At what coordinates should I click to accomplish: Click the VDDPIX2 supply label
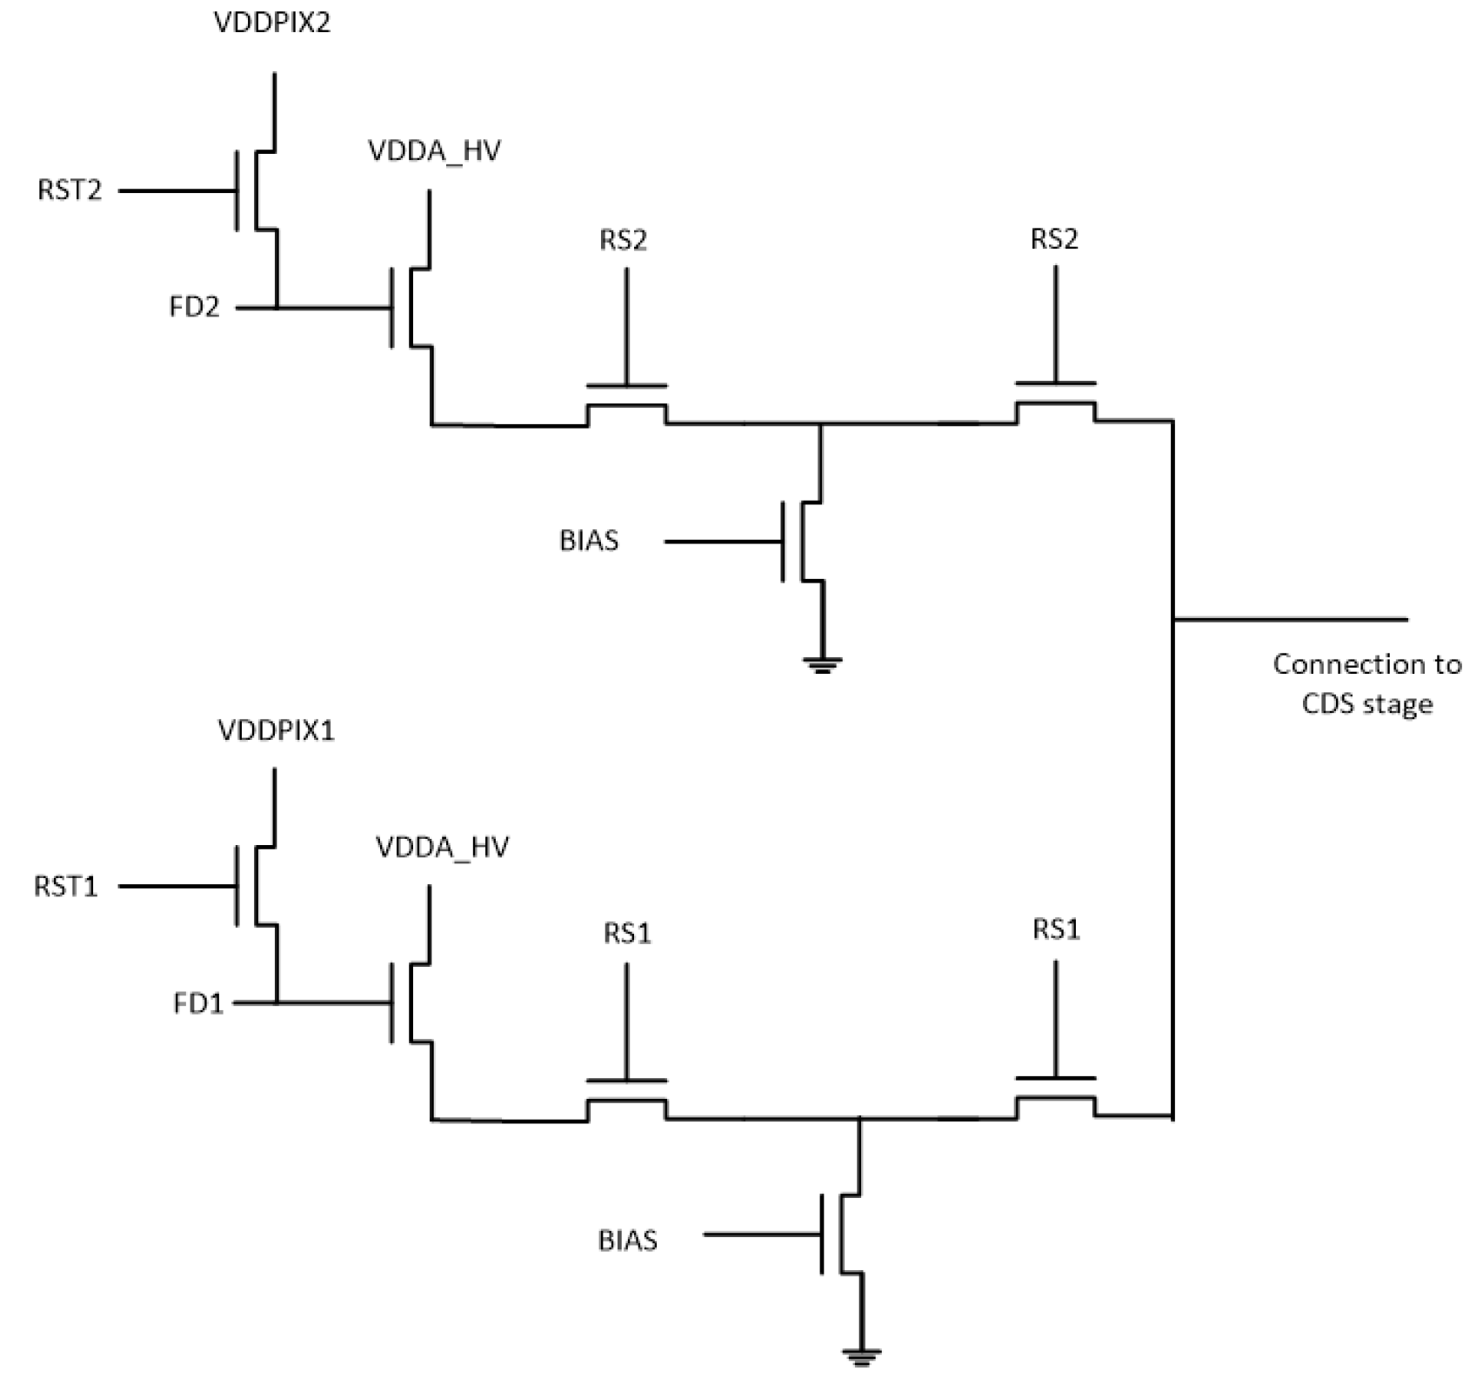pyautogui.click(x=272, y=23)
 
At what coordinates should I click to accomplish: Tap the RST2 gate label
pyautogui.click(x=70, y=190)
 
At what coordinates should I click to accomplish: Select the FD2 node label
pyautogui.click(x=195, y=307)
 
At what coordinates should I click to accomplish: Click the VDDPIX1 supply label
pyautogui.click(x=276, y=730)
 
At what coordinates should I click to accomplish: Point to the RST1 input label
pyautogui.click(x=66, y=886)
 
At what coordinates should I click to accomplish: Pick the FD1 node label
pyautogui.click(x=198, y=1003)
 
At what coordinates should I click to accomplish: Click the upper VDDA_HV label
pyautogui.click(x=434, y=151)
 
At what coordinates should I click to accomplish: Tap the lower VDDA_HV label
pyautogui.click(x=442, y=847)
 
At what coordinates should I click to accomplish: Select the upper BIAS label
pyautogui.click(x=589, y=541)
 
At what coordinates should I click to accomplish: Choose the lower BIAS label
pyautogui.click(x=627, y=1240)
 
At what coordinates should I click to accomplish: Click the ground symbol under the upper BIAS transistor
pyautogui.click(x=822, y=665)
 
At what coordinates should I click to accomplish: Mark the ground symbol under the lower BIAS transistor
pyautogui.click(x=860, y=1356)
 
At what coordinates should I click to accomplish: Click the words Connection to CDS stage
pyautogui.click(x=1366, y=683)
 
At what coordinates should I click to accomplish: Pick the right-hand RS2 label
pyautogui.click(x=1054, y=239)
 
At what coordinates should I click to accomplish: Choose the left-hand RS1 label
pyautogui.click(x=626, y=934)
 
